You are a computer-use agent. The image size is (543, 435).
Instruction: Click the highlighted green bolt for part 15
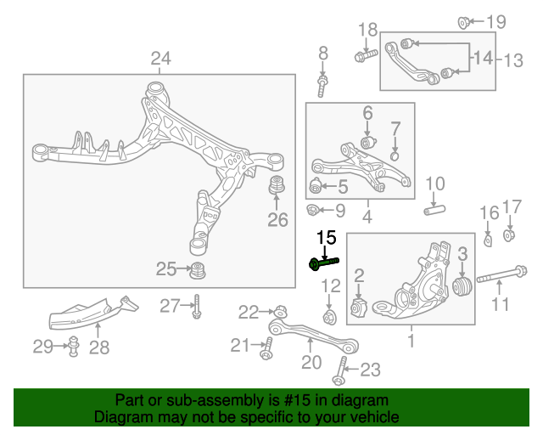(x=323, y=263)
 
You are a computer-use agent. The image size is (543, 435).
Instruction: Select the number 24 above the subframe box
(x=161, y=59)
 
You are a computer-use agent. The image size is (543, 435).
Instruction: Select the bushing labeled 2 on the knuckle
(x=357, y=308)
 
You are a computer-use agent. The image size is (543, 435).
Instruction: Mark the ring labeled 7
(x=395, y=155)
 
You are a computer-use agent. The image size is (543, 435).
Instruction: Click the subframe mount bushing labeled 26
(x=276, y=188)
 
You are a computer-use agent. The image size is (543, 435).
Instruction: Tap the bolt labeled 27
(x=196, y=305)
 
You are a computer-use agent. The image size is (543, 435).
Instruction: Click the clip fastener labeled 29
(x=73, y=347)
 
